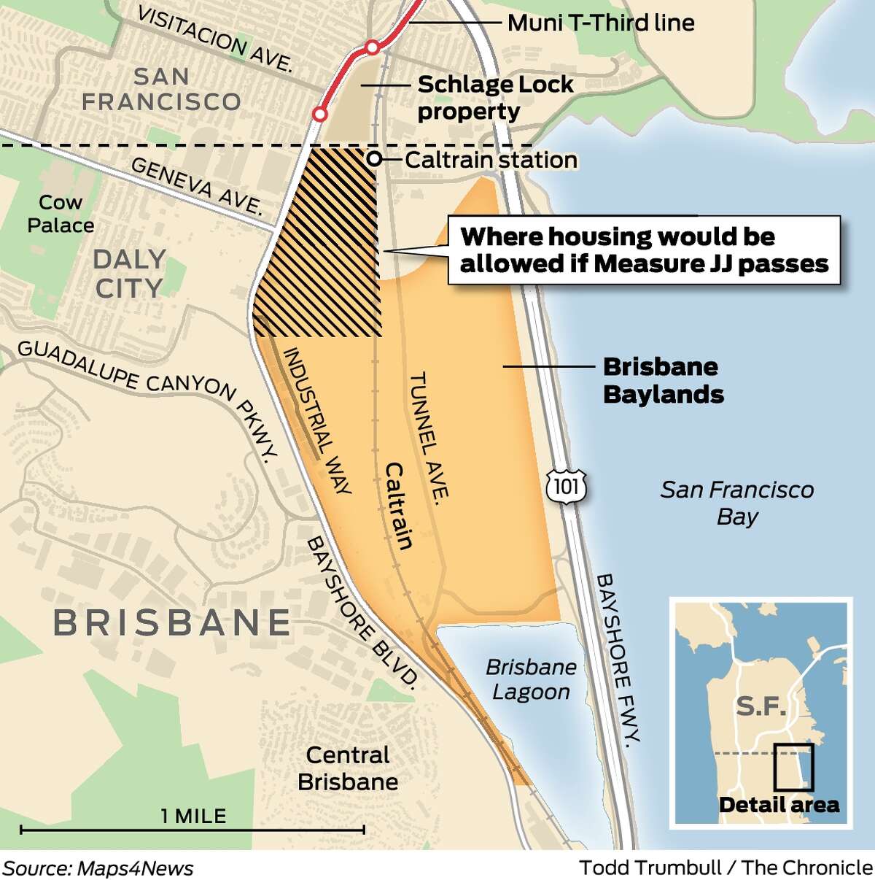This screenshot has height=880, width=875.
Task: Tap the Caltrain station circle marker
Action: coord(373,159)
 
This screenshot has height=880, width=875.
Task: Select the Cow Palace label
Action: coord(61,213)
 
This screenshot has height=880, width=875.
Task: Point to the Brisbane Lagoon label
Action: coord(531,679)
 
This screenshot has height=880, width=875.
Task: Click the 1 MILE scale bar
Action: coord(192,829)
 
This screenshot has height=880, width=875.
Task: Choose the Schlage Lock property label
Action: coord(494,98)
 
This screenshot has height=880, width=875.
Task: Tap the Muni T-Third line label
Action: coord(600,23)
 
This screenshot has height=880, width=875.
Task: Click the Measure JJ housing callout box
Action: coord(644,250)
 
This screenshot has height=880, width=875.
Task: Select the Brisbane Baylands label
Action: coord(663,380)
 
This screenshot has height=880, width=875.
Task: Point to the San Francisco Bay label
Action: coord(737,503)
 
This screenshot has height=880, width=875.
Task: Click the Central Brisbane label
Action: coord(348,768)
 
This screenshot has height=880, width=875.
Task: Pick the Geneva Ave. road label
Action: coord(196,186)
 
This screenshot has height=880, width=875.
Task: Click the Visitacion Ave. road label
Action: coord(214,39)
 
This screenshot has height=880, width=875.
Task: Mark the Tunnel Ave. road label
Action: coord(429,436)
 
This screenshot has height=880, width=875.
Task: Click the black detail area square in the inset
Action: coord(793,767)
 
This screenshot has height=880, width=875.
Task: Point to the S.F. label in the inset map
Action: coord(761,706)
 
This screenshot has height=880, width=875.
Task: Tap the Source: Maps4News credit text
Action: coord(98,868)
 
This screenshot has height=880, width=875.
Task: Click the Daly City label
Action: coord(129,274)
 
